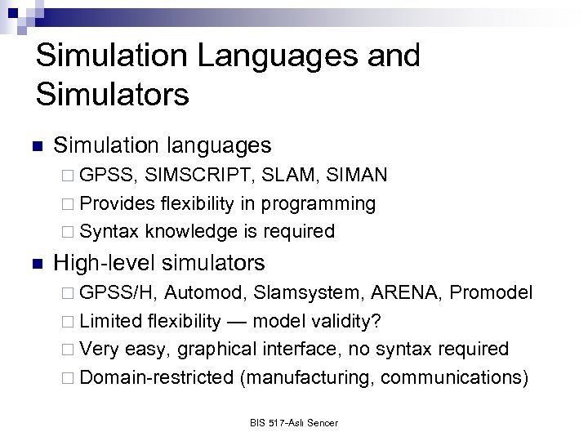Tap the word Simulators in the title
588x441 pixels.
pos(112,93)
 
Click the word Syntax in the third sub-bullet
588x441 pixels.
pos(111,231)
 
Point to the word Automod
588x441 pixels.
pos(205,293)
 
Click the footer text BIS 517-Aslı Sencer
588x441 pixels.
pos(294,423)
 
